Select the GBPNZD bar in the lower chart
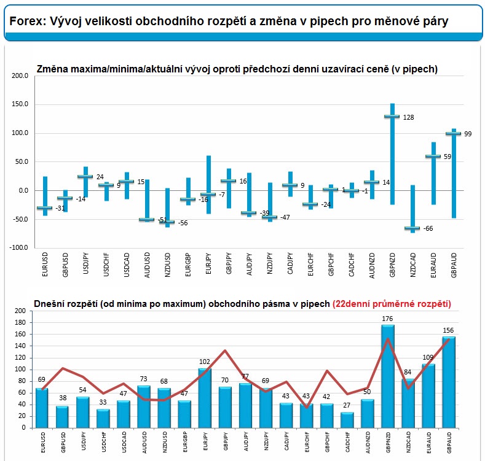[x=388, y=376]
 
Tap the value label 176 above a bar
[x=387, y=319]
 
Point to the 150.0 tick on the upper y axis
[x=20, y=104]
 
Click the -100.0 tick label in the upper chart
[x=18, y=247]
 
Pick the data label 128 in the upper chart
[x=408, y=117]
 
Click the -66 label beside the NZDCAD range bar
[x=428, y=228]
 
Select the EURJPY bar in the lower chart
[x=205, y=398]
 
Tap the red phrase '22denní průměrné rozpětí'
[x=392, y=304]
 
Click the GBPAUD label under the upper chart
[x=454, y=265]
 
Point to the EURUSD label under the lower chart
[x=43, y=442]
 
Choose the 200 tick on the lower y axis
[x=20, y=311]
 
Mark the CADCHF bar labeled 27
[x=347, y=420]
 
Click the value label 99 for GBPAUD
[x=468, y=134]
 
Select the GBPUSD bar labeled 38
[x=62, y=417]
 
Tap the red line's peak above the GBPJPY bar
[x=225, y=351]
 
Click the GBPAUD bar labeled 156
[x=449, y=382]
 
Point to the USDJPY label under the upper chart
[x=85, y=263]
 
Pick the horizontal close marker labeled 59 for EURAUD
[x=433, y=157]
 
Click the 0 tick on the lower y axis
[x=24, y=428]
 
